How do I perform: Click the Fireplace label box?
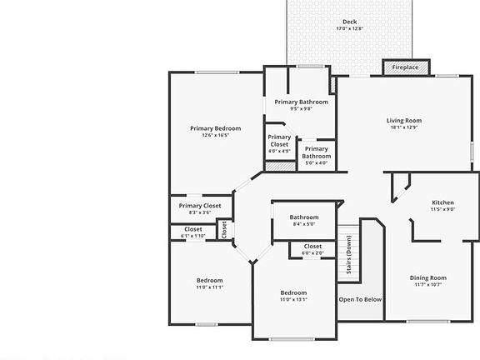click(406, 67)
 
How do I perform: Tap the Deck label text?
click(350, 22)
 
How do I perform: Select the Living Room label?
click(404, 120)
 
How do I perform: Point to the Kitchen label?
click(442, 202)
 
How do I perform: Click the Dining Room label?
click(428, 277)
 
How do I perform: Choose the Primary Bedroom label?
click(215, 128)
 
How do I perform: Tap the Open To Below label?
click(360, 299)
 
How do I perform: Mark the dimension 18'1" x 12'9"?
click(404, 127)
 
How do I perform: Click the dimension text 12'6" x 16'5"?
click(215, 135)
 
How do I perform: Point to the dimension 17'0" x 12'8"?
click(350, 29)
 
